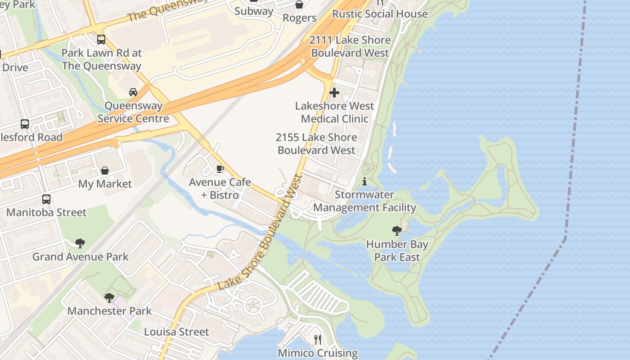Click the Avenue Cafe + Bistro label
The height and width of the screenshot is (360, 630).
[220, 189]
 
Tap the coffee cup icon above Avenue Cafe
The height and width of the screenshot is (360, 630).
[220, 169]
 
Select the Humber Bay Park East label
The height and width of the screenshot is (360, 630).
[397, 251]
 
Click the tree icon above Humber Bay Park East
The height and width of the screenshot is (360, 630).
[397, 231]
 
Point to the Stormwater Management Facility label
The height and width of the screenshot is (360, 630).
[364, 201]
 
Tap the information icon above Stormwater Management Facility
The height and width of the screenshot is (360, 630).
[364, 181]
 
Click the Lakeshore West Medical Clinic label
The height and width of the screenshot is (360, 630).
[334, 112]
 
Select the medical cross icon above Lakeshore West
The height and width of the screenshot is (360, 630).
[334, 93]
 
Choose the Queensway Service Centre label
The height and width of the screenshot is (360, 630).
[133, 112]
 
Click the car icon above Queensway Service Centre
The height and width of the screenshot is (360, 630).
[133, 92]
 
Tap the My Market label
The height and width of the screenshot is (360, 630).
[105, 184]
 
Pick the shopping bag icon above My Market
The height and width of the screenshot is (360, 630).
[105, 171]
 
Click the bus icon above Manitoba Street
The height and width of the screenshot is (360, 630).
[46, 199]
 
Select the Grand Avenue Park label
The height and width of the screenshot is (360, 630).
[80, 256]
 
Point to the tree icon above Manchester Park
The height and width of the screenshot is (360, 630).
[109, 297]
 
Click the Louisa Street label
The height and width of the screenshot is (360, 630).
[176, 332]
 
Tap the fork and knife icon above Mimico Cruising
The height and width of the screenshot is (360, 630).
[318, 339]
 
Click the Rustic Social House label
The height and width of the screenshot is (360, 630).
[380, 14]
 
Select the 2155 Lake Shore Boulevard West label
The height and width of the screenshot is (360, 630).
[316, 144]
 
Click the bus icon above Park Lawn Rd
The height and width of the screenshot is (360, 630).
[101, 40]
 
